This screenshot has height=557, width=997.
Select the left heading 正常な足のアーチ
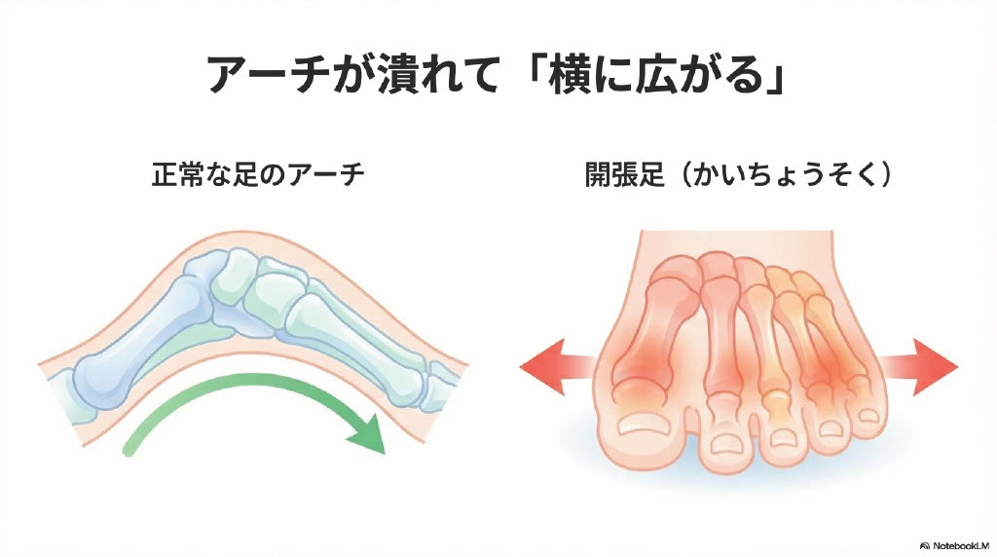(x=258, y=175)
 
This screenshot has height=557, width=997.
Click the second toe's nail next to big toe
(x=724, y=443)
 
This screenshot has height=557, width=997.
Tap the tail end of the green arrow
(x=129, y=447)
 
